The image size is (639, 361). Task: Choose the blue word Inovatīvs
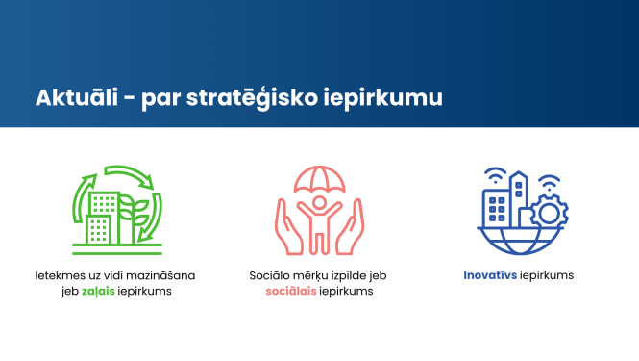[x=490, y=275]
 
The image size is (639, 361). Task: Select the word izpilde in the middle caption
[x=351, y=275]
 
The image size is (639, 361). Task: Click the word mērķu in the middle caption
[x=310, y=275]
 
